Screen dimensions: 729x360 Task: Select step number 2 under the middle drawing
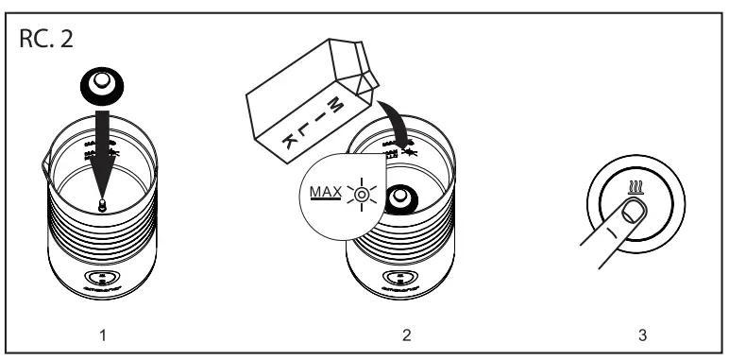click(x=407, y=335)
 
